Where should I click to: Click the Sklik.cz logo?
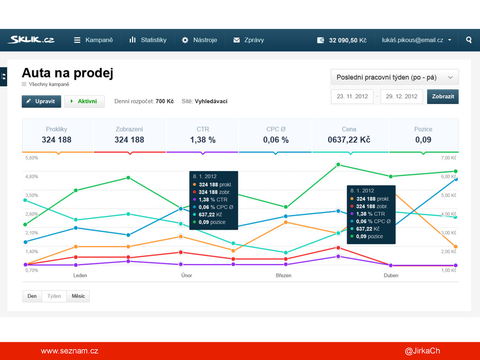pyautogui.click(x=31, y=40)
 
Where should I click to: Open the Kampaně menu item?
pyautogui.click(x=93, y=40)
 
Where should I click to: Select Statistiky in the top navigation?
pyautogui.click(x=148, y=40)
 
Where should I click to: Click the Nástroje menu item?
pyautogui.click(x=200, y=40)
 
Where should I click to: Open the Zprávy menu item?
pyautogui.click(x=249, y=40)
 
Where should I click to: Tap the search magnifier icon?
pyautogui.click(x=469, y=40)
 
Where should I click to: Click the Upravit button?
pyautogui.click(x=41, y=101)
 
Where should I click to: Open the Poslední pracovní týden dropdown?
pyautogui.click(x=394, y=77)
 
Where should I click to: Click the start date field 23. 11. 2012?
pyautogui.click(x=352, y=97)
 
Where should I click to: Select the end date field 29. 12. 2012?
pyautogui.click(x=401, y=97)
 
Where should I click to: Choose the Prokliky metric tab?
pyautogui.click(x=57, y=135)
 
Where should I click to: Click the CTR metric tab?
pyautogui.click(x=202, y=135)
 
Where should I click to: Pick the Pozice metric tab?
pyautogui.click(x=423, y=135)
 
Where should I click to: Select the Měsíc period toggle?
pyautogui.click(x=78, y=296)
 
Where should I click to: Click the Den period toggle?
pyautogui.click(x=32, y=296)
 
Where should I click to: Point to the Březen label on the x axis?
pyautogui.click(x=284, y=276)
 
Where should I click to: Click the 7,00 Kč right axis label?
pyautogui.click(x=449, y=158)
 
